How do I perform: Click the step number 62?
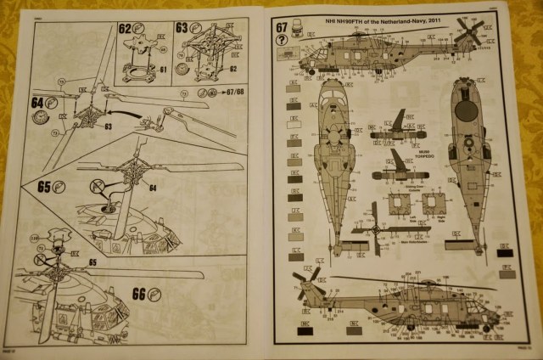point(126,28)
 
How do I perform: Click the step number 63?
point(182,28)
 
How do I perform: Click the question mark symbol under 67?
point(282,40)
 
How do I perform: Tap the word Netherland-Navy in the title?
point(403,16)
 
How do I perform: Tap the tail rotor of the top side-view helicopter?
point(468,31)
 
